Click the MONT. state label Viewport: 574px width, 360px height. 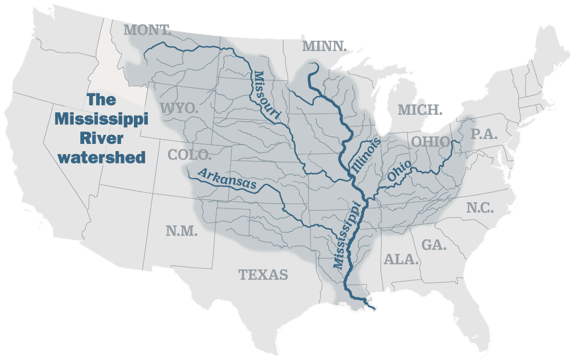click(x=148, y=30)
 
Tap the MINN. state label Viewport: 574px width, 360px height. click(x=324, y=46)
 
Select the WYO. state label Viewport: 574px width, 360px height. click(x=179, y=108)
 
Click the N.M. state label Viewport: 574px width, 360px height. click(x=182, y=231)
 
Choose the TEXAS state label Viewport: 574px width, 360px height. click(x=263, y=274)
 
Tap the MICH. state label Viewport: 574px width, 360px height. click(x=420, y=109)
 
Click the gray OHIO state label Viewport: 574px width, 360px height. click(x=430, y=142)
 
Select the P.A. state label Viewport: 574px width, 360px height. click(x=484, y=134)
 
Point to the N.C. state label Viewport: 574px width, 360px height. click(x=480, y=208)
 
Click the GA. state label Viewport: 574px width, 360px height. click(x=434, y=245)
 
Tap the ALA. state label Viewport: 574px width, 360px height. click(x=401, y=260)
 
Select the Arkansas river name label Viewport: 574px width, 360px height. click(x=227, y=179)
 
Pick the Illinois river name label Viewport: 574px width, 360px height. click(x=366, y=156)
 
